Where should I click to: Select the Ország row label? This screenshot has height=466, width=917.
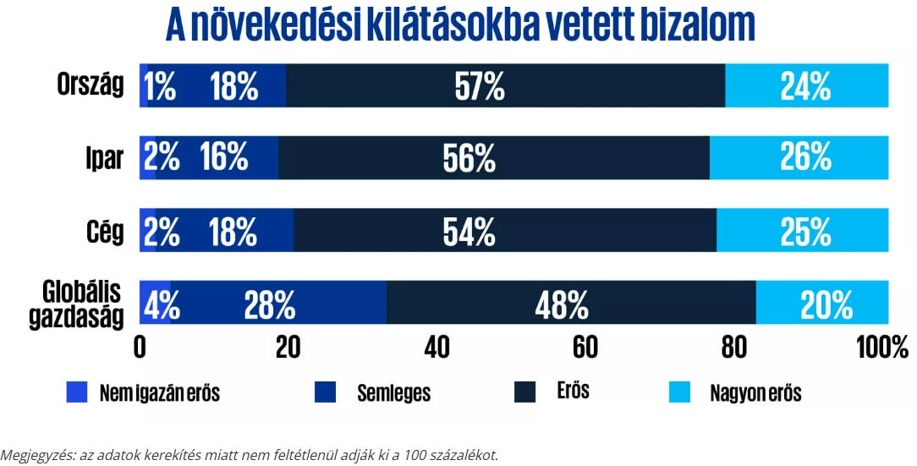coord(91,85)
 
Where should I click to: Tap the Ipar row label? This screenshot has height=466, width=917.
coord(105,158)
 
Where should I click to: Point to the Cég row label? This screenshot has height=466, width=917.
coord(105,230)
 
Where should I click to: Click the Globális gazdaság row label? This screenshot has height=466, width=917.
coord(82,304)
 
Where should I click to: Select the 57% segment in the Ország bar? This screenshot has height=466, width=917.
coord(506,85)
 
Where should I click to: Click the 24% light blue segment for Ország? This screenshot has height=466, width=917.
coord(807,85)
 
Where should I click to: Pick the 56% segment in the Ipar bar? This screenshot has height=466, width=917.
coord(494,157)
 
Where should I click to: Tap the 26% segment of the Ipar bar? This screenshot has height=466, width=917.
coord(799,157)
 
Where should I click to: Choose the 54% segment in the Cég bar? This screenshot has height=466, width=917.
coord(505,230)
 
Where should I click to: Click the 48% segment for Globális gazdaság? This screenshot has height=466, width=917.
coord(571,303)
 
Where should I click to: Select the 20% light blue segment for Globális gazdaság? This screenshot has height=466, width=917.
coord(822,303)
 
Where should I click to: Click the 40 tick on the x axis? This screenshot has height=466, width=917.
coord(437,346)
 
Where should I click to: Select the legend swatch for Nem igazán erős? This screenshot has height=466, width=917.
coord(77,392)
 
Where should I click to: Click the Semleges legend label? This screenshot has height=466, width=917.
coord(393,393)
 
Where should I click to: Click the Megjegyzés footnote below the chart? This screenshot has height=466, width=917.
coord(250,455)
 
